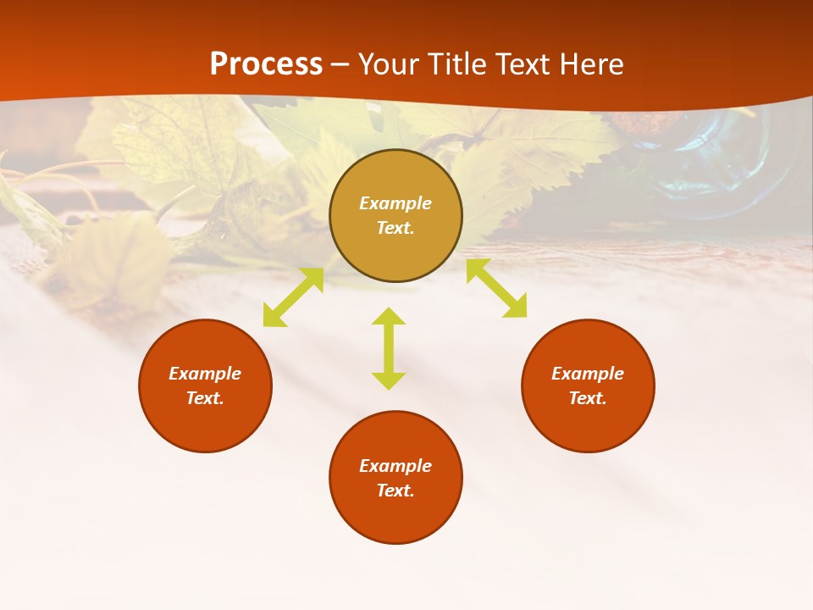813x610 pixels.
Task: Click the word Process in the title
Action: [x=266, y=64]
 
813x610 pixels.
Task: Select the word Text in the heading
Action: [x=523, y=64]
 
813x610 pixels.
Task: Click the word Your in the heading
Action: [x=389, y=64]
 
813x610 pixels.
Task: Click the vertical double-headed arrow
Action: [x=389, y=348]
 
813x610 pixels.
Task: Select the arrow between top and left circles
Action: [x=293, y=297]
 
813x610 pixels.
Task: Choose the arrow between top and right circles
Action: [x=496, y=288]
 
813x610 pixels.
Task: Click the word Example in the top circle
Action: [x=395, y=203]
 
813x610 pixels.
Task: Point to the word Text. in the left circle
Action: [x=205, y=398]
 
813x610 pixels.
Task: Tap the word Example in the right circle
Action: [x=588, y=374]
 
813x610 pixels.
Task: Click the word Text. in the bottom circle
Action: [x=395, y=491]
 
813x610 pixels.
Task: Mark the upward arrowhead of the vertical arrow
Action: [x=389, y=317]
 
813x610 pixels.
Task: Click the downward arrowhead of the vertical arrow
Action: [x=389, y=380]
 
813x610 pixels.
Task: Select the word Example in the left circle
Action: [x=205, y=374]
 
